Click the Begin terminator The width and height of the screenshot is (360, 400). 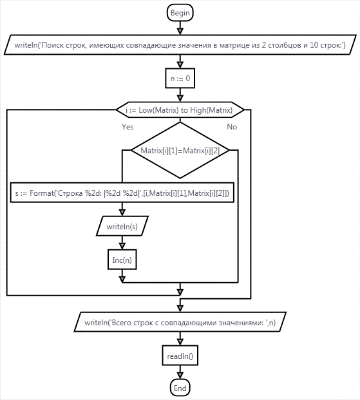click(180, 12)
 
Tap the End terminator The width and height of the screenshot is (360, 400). click(180, 388)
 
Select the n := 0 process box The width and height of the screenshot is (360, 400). click(180, 79)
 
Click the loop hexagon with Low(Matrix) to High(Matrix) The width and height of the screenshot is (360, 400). click(180, 110)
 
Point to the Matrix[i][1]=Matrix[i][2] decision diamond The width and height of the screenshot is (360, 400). click(180, 150)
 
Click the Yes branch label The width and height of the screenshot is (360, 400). click(128, 126)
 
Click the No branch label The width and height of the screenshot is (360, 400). click(232, 126)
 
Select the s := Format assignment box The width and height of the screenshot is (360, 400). click(122, 193)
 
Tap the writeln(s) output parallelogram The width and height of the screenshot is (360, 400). click(122, 226)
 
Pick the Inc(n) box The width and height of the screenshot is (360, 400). click(122, 260)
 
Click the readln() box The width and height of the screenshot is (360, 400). click(180, 356)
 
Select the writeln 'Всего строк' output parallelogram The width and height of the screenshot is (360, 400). click(180, 322)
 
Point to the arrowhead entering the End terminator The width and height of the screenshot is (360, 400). click(180, 376)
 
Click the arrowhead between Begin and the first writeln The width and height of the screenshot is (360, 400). click(180, 31)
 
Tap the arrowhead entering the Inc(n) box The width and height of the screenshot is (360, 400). click(122, 246)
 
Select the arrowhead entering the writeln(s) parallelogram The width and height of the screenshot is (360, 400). click(122, 213)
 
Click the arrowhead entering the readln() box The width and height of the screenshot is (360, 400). click(180, 342)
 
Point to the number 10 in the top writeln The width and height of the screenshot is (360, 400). click(314, 45)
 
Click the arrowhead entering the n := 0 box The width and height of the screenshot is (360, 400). click(180, 64)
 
